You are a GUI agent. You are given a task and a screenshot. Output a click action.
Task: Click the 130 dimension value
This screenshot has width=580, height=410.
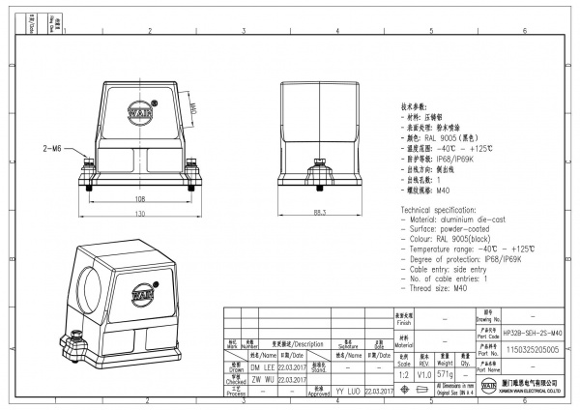point(139,213)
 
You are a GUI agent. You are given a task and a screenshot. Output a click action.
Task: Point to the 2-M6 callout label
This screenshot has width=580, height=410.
point(52,150)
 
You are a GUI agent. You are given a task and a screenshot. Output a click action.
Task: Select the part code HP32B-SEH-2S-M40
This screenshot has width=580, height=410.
point(532,332)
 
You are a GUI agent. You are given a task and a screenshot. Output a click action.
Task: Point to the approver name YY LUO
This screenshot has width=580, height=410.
point(347,391)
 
